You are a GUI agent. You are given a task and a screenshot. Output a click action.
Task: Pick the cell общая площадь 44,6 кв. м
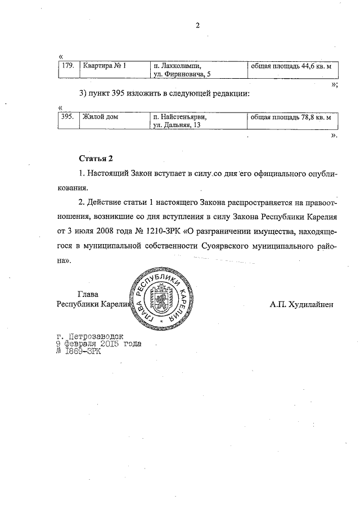(290, 66)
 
